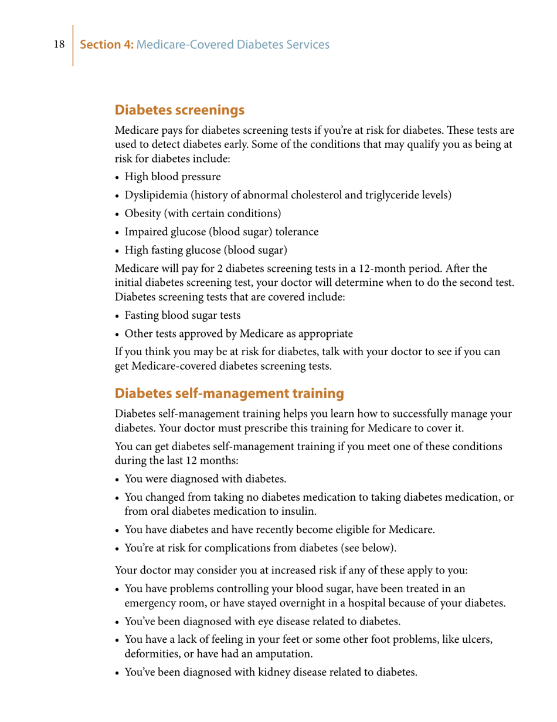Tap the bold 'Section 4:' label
[x=107, y=45]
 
